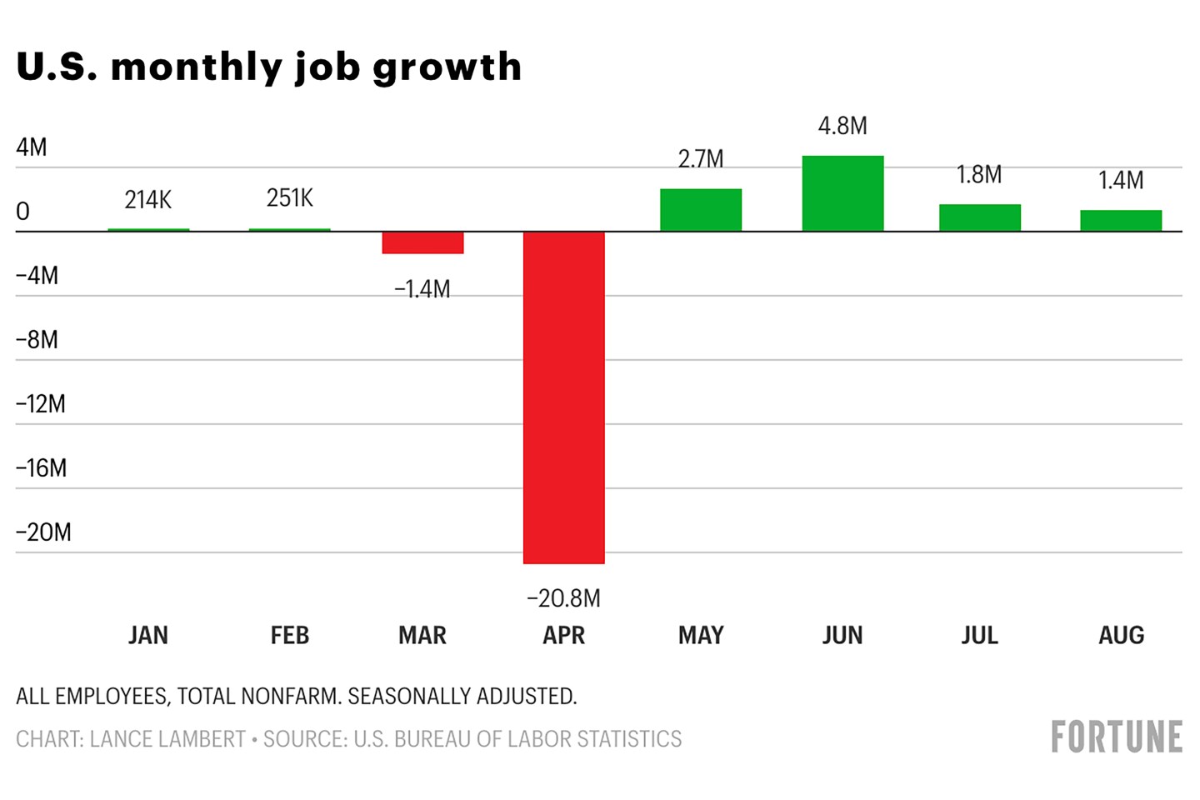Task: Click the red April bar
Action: point(563,397)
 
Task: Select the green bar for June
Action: point(842,193)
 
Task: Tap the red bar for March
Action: point(422,242)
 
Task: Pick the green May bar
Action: point(701,210)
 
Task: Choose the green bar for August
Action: point(1121,221)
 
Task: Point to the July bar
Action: point(979,217)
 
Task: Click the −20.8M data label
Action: point(563,598)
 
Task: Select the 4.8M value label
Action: point(842,126)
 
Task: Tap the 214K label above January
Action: point(148,200)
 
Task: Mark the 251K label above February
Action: point(290,198)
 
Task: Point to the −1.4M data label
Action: point(422,289)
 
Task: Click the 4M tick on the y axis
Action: point(32,147)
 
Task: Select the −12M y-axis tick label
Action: point(41,404)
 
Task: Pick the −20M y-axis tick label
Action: point(43,532)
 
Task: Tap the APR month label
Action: point(563,636)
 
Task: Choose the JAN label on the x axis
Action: point(148,636)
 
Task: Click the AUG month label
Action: point(1121,636)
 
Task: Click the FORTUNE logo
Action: point(1117,737)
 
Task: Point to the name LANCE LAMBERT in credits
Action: point(167,739)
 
